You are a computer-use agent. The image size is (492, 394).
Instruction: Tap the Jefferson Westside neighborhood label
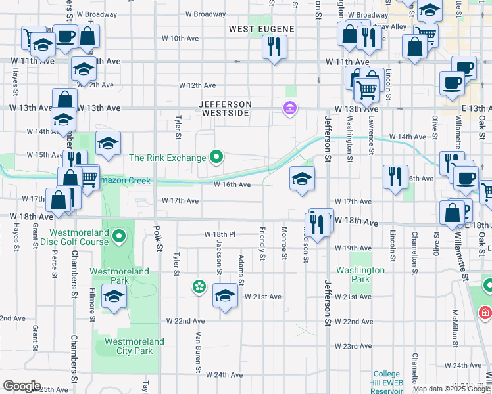pos(226,109)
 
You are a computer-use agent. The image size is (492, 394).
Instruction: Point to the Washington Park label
pos(360,274)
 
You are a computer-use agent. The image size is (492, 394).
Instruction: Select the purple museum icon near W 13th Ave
pos(288,108)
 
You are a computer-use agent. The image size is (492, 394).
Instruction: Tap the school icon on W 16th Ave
pos(302,178)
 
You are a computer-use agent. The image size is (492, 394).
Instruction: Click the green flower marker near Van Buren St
pos(198,286)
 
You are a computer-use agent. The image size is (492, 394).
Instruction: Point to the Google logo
pos(21,386)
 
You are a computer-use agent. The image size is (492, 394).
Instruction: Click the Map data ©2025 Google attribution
pos(451,389)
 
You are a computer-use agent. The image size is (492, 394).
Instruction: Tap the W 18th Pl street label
pos(220,234)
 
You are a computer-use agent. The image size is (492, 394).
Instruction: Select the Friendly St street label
pos(262,243)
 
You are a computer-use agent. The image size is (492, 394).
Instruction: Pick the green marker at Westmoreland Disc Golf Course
pos(118,235)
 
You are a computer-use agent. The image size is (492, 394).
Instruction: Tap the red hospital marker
pos(485,311)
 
